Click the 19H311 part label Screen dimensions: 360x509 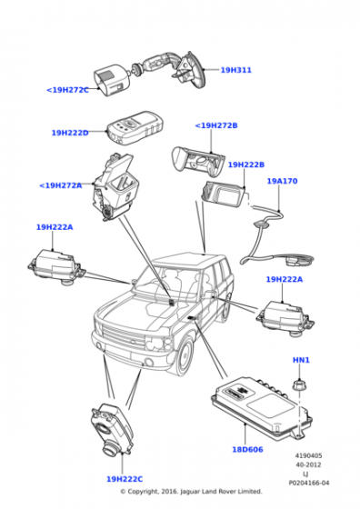tap(236, 70)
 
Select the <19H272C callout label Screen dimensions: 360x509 tap(67, 90)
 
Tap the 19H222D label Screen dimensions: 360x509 tap(70, 133)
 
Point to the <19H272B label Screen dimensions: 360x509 tap(216, 125)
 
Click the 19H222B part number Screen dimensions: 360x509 tap(246, 165)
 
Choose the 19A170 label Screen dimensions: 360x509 tap(282, 181)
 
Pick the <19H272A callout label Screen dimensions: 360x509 tap(61, 185)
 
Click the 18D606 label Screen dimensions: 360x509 tap(247, 450)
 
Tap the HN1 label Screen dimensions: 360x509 tap(301, 360)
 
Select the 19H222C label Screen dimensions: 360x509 tap(125, 479)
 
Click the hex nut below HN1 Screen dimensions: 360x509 tap(300, 384)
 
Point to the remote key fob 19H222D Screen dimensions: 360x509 tap(135, 128)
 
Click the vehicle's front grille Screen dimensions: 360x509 tap(124, 338)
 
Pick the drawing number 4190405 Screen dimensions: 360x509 tap(308, 455)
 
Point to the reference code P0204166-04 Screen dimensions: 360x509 tap(309, 483)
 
